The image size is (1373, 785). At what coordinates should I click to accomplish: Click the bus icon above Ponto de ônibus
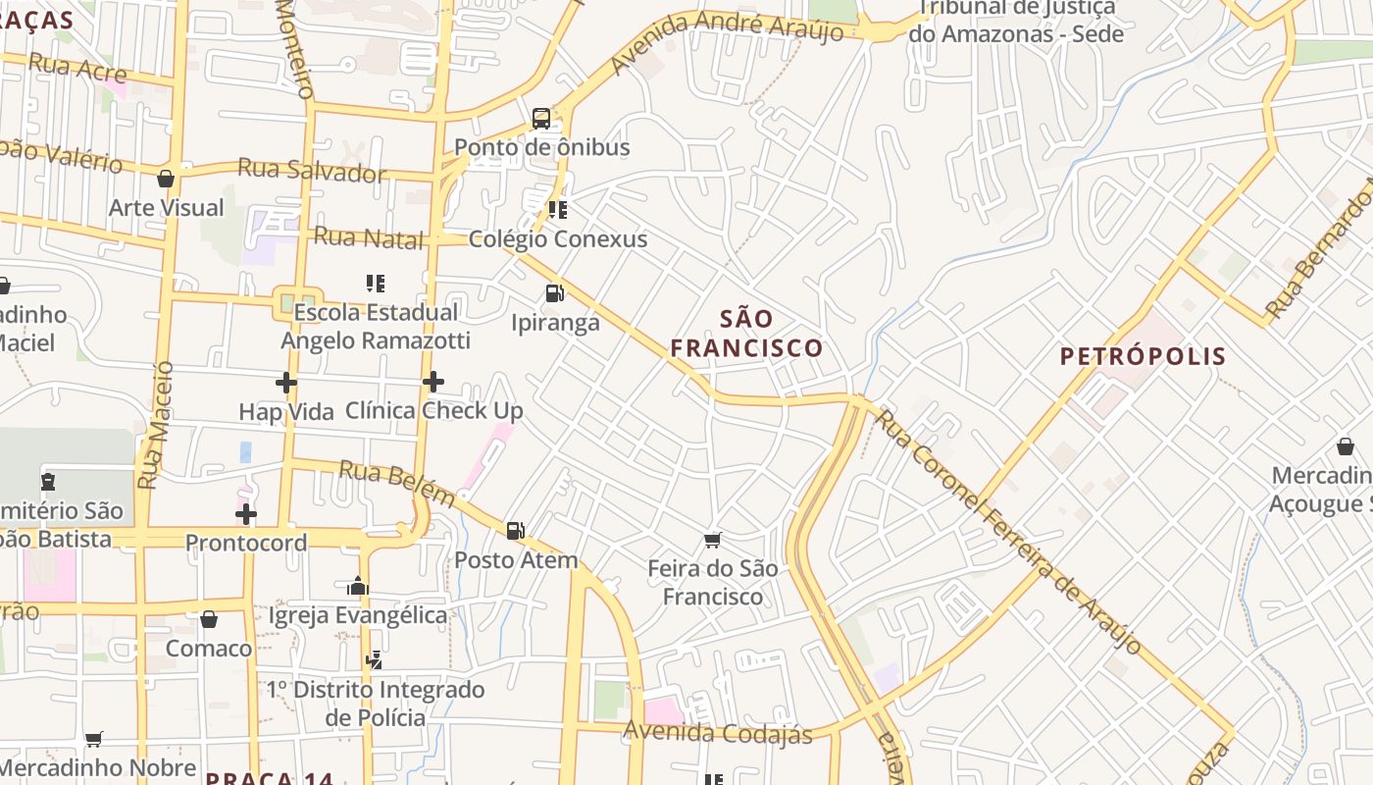click(x=540, y=119)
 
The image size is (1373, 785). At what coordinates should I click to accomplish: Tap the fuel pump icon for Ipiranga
click(x=554, y=293)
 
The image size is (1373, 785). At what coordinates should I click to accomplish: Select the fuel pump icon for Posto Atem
click(x=515, y=531)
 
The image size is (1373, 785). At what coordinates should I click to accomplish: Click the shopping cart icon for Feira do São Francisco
click(x=713, y=540)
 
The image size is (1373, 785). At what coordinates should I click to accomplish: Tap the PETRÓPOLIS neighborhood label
click(x=1143, y=356)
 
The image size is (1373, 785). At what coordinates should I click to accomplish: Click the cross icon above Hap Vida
click(x=286, y=383)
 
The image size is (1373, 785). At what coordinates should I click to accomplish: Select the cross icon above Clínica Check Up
click(x=433, y=382)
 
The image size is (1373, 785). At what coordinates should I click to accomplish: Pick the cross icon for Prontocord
click(x=246, y=514)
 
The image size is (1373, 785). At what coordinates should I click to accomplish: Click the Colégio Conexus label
click(x=558, y=239)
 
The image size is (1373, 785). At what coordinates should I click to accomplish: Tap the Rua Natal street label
click(x=368, y=237)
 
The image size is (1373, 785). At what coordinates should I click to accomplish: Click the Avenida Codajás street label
click(x=718, y=733)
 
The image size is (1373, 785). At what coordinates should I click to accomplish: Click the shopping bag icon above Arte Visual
click(x=166, y=179)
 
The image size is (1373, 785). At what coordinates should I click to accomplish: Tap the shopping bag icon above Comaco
click(x=208, y=619)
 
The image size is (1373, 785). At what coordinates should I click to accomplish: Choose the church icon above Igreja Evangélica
click(x=357, y=587)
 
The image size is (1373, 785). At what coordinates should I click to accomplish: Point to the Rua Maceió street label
click(x=155, y=425)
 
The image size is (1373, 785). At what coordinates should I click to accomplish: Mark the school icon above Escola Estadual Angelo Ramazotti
click(x=375, y=284)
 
